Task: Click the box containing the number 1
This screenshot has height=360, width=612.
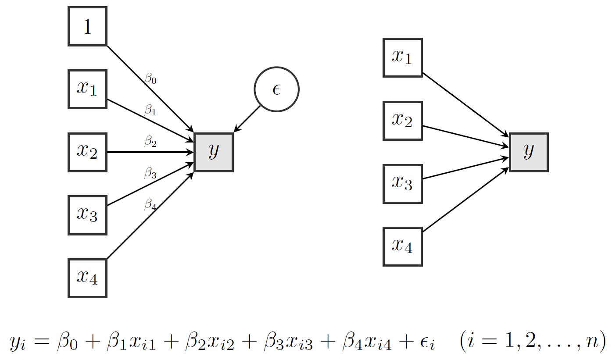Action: click(x=87, y=26)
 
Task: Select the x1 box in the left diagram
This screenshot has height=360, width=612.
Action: click(x=87, y=89)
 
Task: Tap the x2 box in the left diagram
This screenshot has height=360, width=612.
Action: click(x=87, y=152)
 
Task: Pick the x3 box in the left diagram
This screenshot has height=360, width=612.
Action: click(x=87, y=215)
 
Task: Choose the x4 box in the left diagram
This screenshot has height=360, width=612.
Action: click(x=87, y=278)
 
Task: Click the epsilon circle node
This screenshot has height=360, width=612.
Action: click(x=276, y=89)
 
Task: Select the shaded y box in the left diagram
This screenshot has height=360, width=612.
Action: click(x=214, y=152)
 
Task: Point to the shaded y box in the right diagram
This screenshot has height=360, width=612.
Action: click(x=529, y=152)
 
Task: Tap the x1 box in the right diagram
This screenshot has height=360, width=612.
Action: click(x=402, y=57)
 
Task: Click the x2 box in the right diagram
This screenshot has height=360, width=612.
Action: click(x=402, y=121)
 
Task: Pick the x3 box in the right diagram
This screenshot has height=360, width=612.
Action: click(x=402, y=184)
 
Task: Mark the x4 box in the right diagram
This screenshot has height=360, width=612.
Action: click(x=402, y=246)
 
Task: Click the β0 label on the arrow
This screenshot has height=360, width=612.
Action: click(x=150, y=80)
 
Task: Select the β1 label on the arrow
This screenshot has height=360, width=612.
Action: click(x=150, y=111)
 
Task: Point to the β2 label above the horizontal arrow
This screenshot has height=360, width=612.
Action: click(x=150, y=142)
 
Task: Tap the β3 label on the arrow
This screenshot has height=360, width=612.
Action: click(x=150, y=174)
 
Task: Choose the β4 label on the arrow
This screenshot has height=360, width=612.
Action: click(x=150, y=205)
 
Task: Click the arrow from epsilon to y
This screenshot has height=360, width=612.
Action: click(x=248, y=118)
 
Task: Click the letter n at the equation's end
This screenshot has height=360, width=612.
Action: click(x=589, y=342)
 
